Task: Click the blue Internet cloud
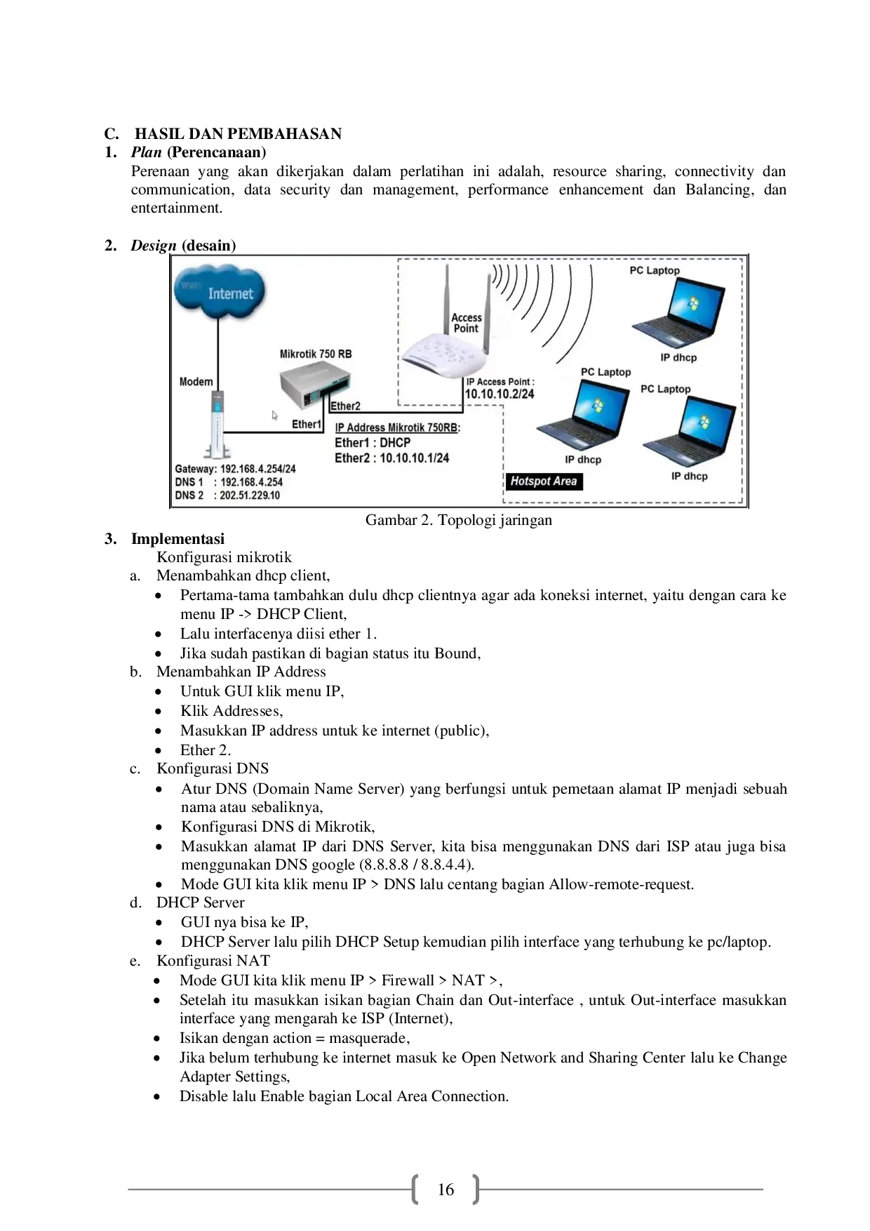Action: click(220, 293)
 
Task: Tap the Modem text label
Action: click(196, 382)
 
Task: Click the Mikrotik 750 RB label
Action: click(316, 354)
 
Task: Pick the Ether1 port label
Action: click(306, 424)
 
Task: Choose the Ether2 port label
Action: click(345, 406)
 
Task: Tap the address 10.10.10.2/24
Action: click(499, 394)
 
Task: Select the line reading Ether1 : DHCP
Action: click(372, 443)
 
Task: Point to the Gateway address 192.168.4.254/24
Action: click(257, 469)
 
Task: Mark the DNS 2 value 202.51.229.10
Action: click(250, 495)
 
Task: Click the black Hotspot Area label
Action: click(543, 481)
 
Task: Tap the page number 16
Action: click(446, 1190)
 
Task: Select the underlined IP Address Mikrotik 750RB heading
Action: click(397, 427)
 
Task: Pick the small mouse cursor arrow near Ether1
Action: click(275, 415)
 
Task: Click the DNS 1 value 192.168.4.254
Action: click(251, 482)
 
